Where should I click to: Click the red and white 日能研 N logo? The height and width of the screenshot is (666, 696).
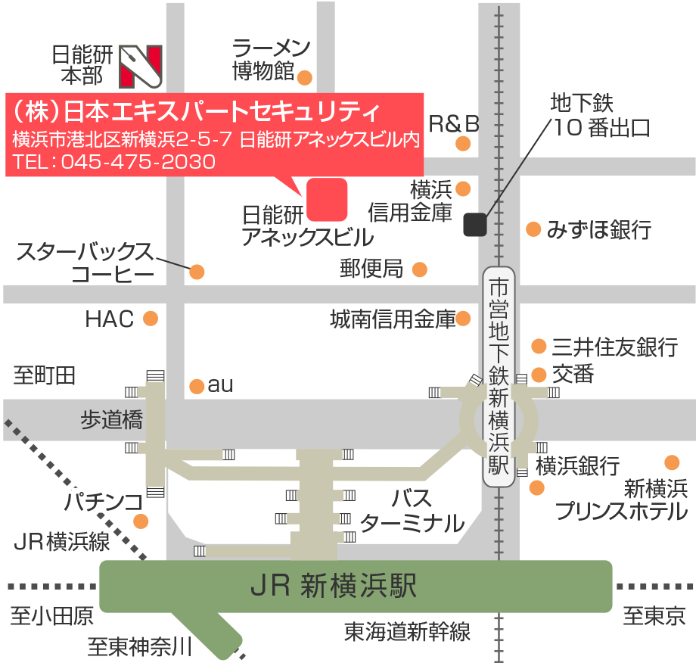point(141,66)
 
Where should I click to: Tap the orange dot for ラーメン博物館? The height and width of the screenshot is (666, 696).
point(305,77)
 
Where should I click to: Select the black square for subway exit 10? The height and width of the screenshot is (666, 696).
point(474,224)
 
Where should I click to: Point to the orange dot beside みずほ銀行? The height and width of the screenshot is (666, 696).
point(533,229)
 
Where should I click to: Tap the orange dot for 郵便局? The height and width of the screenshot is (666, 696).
point(419,269)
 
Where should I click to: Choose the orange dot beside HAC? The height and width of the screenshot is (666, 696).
point(151,318)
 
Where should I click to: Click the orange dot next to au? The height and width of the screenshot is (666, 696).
point(197,386)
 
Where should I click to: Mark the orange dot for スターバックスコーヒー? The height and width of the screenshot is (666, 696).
point(197,272)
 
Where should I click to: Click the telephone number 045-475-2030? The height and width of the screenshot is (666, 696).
point(138,161)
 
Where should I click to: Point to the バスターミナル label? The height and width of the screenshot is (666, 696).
point(412,511)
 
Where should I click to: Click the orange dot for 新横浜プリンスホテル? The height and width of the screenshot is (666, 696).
point(671,462)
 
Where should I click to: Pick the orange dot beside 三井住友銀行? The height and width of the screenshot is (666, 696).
point(539,347)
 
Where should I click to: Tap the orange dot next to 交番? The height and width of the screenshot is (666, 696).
point(539,375)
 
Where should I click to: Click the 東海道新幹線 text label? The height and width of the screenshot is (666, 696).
point(407,630)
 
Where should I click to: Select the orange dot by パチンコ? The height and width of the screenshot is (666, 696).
point(141,521)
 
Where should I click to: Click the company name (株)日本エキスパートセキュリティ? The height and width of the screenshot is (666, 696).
point(197,112)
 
